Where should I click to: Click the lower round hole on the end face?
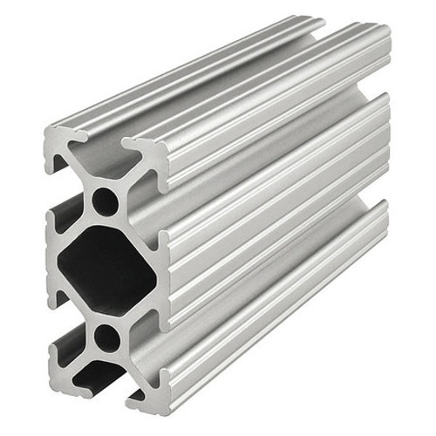[106, 337]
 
